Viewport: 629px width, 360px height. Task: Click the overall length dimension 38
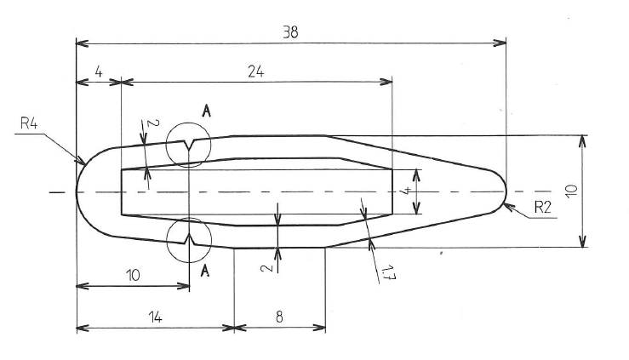click(x=289, y=31)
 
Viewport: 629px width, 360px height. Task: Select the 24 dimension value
click(x=255, y=72)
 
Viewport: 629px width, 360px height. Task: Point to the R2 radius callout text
click(x=544, y=206)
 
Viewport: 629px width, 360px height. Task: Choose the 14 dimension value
click(x=154, y=317)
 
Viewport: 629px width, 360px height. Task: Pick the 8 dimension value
click(x=279, y=317)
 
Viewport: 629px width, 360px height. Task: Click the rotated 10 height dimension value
click(x=571, y=191)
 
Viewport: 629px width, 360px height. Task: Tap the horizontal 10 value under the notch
click(x=133, y=276)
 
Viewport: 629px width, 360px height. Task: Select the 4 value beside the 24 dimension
click(x=99, y=72)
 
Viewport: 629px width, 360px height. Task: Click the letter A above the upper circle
click(x=207, y=111)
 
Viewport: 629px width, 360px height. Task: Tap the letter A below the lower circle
click(x=205, y=271)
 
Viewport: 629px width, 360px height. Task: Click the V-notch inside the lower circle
click(x=189, y=238)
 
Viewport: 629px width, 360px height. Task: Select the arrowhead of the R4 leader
click(x=82, y=161)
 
